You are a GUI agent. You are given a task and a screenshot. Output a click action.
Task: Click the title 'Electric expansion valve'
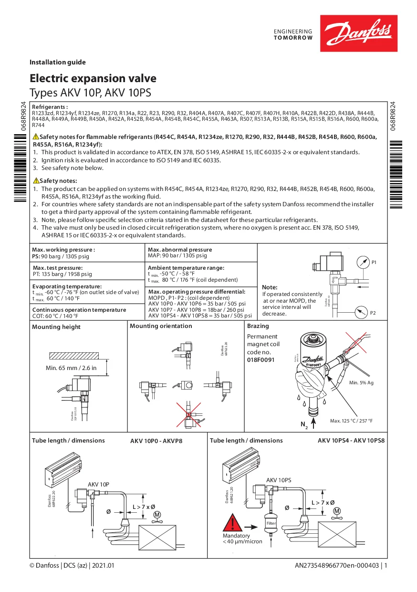point(93,78)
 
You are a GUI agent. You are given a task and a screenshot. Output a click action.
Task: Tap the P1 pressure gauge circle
point(363,262)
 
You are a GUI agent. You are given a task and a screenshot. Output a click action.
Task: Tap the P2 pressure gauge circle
point(362,313)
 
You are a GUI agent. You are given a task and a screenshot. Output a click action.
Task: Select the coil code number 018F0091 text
point(261,359)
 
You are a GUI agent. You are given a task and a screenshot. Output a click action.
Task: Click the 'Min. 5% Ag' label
point(361,383)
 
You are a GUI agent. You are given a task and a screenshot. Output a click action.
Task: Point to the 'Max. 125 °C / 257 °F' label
point(351,421)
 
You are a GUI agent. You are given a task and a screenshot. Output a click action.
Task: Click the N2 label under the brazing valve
point(304,424)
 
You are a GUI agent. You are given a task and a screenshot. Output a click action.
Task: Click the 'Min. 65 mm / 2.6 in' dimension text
point(71,368)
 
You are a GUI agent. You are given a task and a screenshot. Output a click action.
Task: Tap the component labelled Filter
point(271,524)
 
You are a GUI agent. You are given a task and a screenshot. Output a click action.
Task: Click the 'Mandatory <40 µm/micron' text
point(242,539)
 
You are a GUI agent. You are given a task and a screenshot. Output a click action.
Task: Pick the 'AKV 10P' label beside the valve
point(98,484)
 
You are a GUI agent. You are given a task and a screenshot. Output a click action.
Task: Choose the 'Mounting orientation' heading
point(161,326)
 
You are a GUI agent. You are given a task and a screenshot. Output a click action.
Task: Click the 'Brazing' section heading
point(258,326)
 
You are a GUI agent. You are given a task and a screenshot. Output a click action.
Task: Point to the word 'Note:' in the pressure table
point(270,287)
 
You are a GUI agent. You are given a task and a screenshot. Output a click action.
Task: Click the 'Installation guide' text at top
point(58,62)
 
